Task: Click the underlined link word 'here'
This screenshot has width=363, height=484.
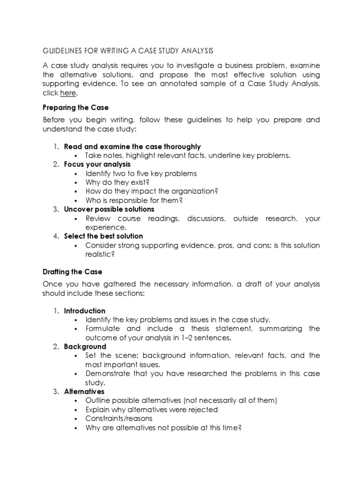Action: coord(68,93)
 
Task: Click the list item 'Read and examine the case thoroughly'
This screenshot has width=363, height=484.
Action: coord(132,147)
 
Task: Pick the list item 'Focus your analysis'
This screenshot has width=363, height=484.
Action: coord(97,164)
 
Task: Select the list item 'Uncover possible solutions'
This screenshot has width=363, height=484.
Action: coord(109,209)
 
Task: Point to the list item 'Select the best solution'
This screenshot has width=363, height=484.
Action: coord(104,236)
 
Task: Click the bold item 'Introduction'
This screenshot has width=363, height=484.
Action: coord(85,311)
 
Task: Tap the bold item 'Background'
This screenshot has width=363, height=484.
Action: coord(85,346)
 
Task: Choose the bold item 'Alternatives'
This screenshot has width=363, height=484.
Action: coord(84,391)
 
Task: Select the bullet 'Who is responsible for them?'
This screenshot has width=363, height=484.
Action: coord(134,200)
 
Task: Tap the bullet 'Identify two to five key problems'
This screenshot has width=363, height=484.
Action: coord(141,173)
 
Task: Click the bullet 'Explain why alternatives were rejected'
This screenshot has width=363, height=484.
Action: coord(151,409)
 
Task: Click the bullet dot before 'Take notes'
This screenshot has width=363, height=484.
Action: coord(76,156)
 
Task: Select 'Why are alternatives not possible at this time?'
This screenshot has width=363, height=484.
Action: coord(164,427)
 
